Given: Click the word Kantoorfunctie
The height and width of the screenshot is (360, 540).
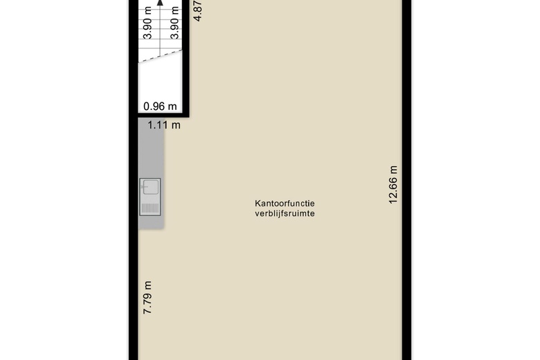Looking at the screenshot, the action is click(x=285, y=204).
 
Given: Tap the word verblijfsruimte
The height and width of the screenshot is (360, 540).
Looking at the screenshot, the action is click(x=285, y=214).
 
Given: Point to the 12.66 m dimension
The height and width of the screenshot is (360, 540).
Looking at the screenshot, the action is click(x=393, y=185).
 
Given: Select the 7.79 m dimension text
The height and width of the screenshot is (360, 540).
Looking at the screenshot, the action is click(x=147, y=298).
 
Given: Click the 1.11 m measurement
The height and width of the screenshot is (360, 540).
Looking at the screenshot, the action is click(x=164, y=125).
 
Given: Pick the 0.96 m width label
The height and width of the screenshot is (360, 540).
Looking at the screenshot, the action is click(x=160, y=106).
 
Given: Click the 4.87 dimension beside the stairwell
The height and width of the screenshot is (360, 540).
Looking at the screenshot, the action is click(x=198, y=10).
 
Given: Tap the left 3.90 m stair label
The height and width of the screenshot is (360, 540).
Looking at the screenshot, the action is click(x=147, y=23).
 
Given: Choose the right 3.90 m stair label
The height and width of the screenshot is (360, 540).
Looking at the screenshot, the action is click(x=175, y=23).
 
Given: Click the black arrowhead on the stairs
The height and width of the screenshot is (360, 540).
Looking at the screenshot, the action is click(x=160, y=3).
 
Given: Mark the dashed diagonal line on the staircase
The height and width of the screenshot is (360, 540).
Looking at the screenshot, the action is click(x=160, y=56).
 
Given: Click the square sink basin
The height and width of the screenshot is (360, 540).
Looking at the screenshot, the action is click(x=151, y=188).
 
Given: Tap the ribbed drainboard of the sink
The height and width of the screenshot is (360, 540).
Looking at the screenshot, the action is click(x=150, y=208).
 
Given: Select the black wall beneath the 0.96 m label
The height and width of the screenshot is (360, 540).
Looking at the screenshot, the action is click(x=159, y=115).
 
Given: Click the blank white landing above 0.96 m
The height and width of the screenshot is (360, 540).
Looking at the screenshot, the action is click(x=160, y=82).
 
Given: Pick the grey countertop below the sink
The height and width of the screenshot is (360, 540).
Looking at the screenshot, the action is click(x=151, y=222).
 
